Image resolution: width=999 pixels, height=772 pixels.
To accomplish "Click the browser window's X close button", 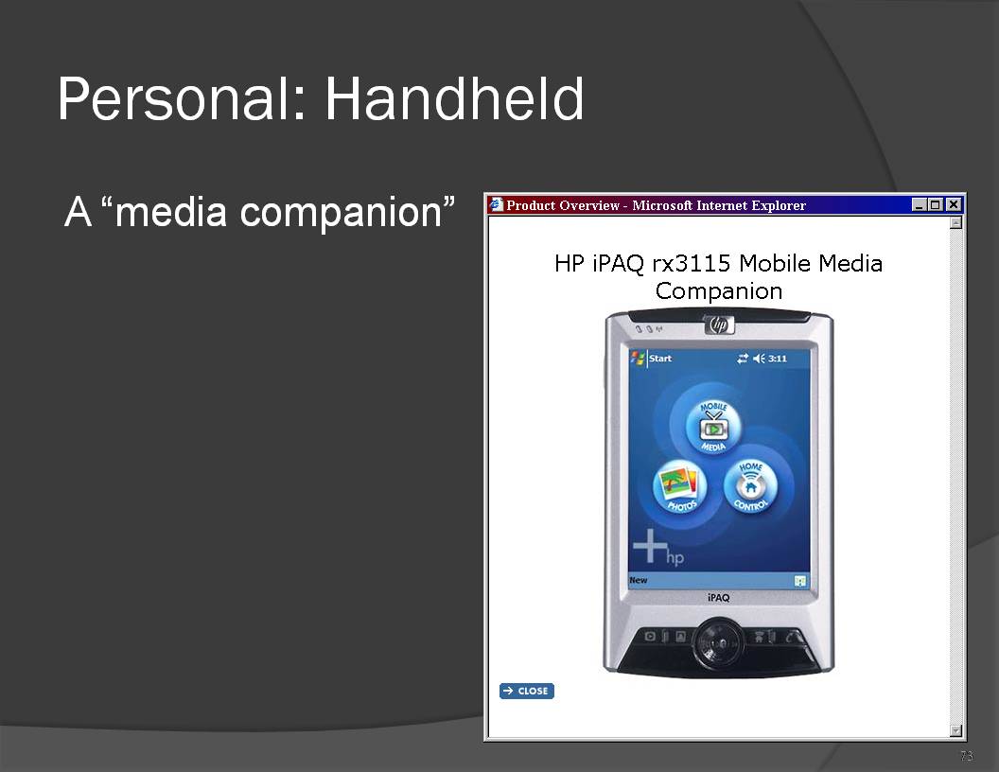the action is click(954, 204).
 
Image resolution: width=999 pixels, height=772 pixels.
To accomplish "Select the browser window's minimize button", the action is click(919, 204).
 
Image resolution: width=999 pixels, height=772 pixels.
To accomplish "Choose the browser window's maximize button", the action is click(935, 204).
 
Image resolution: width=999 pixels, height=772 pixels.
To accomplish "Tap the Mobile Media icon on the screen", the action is click(713, 426).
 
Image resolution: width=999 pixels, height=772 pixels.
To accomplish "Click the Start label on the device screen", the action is click(660, 358).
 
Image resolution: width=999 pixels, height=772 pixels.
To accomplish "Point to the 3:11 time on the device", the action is click(778, 359).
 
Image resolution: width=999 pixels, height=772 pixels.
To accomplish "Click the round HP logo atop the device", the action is click(719, 325).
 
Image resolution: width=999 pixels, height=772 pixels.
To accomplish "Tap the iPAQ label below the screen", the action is click(718, 598).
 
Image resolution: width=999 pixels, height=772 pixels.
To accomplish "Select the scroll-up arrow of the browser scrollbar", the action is click(955, 222).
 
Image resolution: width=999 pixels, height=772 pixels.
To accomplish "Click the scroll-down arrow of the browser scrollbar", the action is click(955, 730).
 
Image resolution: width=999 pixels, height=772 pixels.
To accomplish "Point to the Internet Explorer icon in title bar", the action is click(496, 204).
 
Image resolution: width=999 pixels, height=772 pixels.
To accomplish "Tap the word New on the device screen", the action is click(638, 580).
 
